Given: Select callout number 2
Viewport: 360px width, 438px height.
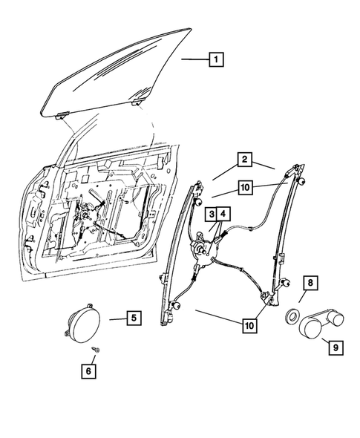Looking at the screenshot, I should click(x=243, y=159).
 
